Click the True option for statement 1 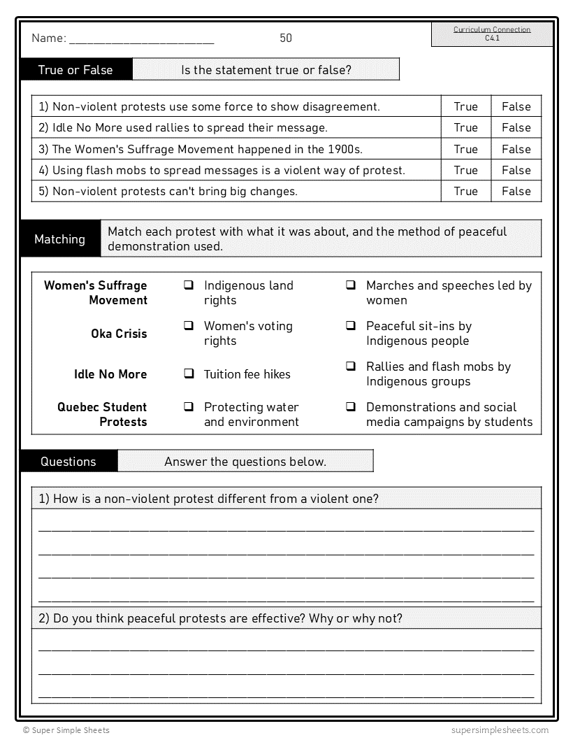tap(465, 106)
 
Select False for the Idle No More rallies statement tap(516, 127)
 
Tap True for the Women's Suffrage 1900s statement tap(465, 149)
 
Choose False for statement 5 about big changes tap(516, 191)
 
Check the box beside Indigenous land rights tap(189, 285)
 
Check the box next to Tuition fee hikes tap(189, 373)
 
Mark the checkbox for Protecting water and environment tap(189, 406)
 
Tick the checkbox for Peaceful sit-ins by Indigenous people tap(351, 326)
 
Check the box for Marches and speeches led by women tap(351, 285)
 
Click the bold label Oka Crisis tap(119, 334)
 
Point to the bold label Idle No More tap(110, 374)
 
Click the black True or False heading tap(75, 70)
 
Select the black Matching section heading tap(60, 239)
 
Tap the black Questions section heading tap(68, 462)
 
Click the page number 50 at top tap(286, 38)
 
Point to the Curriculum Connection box tap(492, 34)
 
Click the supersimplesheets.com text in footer tap(500, 730)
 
